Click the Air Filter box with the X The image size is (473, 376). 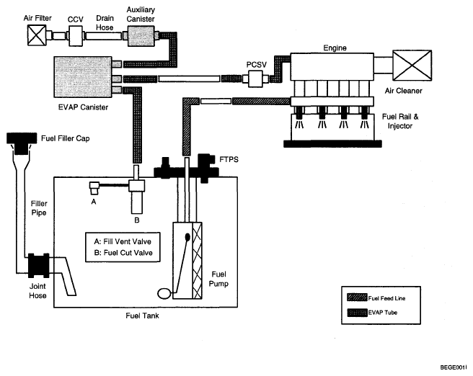37,35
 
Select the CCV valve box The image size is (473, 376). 76,36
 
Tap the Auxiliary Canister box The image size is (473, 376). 141,36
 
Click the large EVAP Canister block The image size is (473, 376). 83,77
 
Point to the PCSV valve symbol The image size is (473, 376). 255,79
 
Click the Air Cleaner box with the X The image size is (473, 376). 412,66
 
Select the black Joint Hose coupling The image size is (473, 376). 39,265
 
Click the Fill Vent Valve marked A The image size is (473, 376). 94,188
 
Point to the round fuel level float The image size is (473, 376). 164,293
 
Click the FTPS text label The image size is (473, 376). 229,159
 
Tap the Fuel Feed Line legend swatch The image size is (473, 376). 357,297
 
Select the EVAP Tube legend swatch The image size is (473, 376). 357,313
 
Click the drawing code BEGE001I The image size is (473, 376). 454,367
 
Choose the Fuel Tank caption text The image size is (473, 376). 142,315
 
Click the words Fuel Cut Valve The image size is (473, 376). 128,253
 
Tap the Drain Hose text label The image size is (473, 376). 105,23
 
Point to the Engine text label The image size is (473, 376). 335,48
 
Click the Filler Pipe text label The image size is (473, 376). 39,208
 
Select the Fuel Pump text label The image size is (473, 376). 218,279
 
